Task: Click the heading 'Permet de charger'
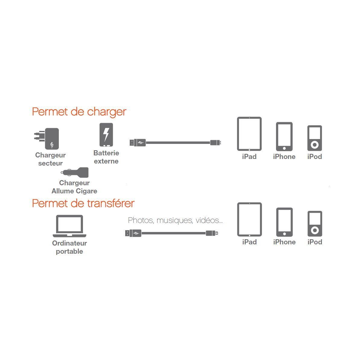(79, 112)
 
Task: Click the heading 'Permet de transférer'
(83, 203)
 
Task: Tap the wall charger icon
(48, 138)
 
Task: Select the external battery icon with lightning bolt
(106, 135)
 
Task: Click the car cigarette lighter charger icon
(75, 172)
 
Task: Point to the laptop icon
(69, 226)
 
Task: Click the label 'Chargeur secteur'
(50, 159)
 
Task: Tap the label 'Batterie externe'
(106, 157)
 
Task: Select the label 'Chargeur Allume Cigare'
(74, 187)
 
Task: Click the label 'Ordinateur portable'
(69, 247)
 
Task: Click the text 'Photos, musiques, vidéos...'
(175, 220)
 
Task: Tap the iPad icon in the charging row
(249, 134)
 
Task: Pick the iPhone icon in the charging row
(284, 136)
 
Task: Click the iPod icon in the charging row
(315, 138)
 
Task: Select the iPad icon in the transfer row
(249, 219)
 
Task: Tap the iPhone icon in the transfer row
(284, 222)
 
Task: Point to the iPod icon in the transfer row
(315, 224)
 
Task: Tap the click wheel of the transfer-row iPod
(315, 230)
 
